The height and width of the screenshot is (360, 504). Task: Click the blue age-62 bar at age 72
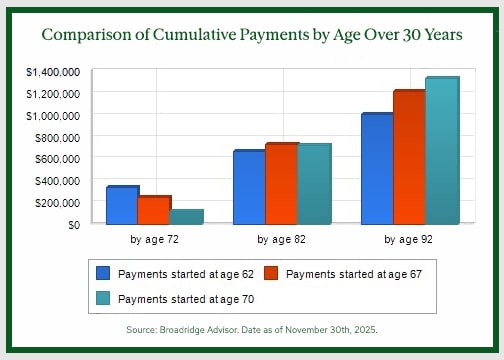[x=120, y=205]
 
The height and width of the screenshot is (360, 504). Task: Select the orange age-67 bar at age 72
[x=152, y=210]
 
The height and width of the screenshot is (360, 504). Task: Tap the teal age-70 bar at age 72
[x=185, y=216]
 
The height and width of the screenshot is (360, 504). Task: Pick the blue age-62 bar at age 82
[x=248, y=187]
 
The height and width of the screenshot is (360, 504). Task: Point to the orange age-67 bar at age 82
[x=280, y=184]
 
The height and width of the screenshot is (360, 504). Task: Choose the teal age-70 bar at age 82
[x=313, y=184]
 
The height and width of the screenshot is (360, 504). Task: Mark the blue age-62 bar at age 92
[x=375, y=169]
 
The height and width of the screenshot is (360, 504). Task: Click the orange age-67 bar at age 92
[x=408, y=158]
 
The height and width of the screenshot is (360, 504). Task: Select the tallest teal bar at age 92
[x=440, y=151]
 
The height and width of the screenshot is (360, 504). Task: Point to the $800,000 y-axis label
[x=57, y=137]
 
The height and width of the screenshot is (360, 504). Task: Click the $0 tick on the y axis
[x=73, y=224]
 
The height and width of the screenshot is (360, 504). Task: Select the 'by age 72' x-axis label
[x=154, y=240]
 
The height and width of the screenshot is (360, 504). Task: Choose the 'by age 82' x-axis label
[x=281, y=240]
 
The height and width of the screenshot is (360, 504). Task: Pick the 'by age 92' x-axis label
[x=408, y=240]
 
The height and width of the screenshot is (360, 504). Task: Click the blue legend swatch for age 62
[x=103, y=273]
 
